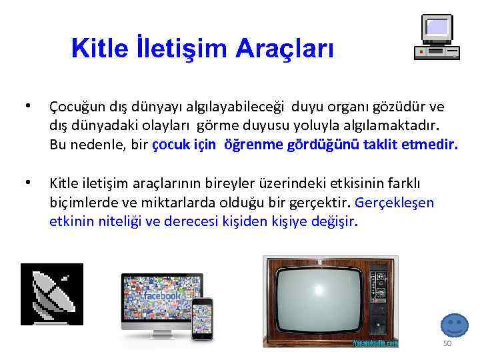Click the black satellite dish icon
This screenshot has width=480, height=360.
pos(52,294)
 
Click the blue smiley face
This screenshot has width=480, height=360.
pos(454,325)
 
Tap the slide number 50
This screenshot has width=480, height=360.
pos(447,343)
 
